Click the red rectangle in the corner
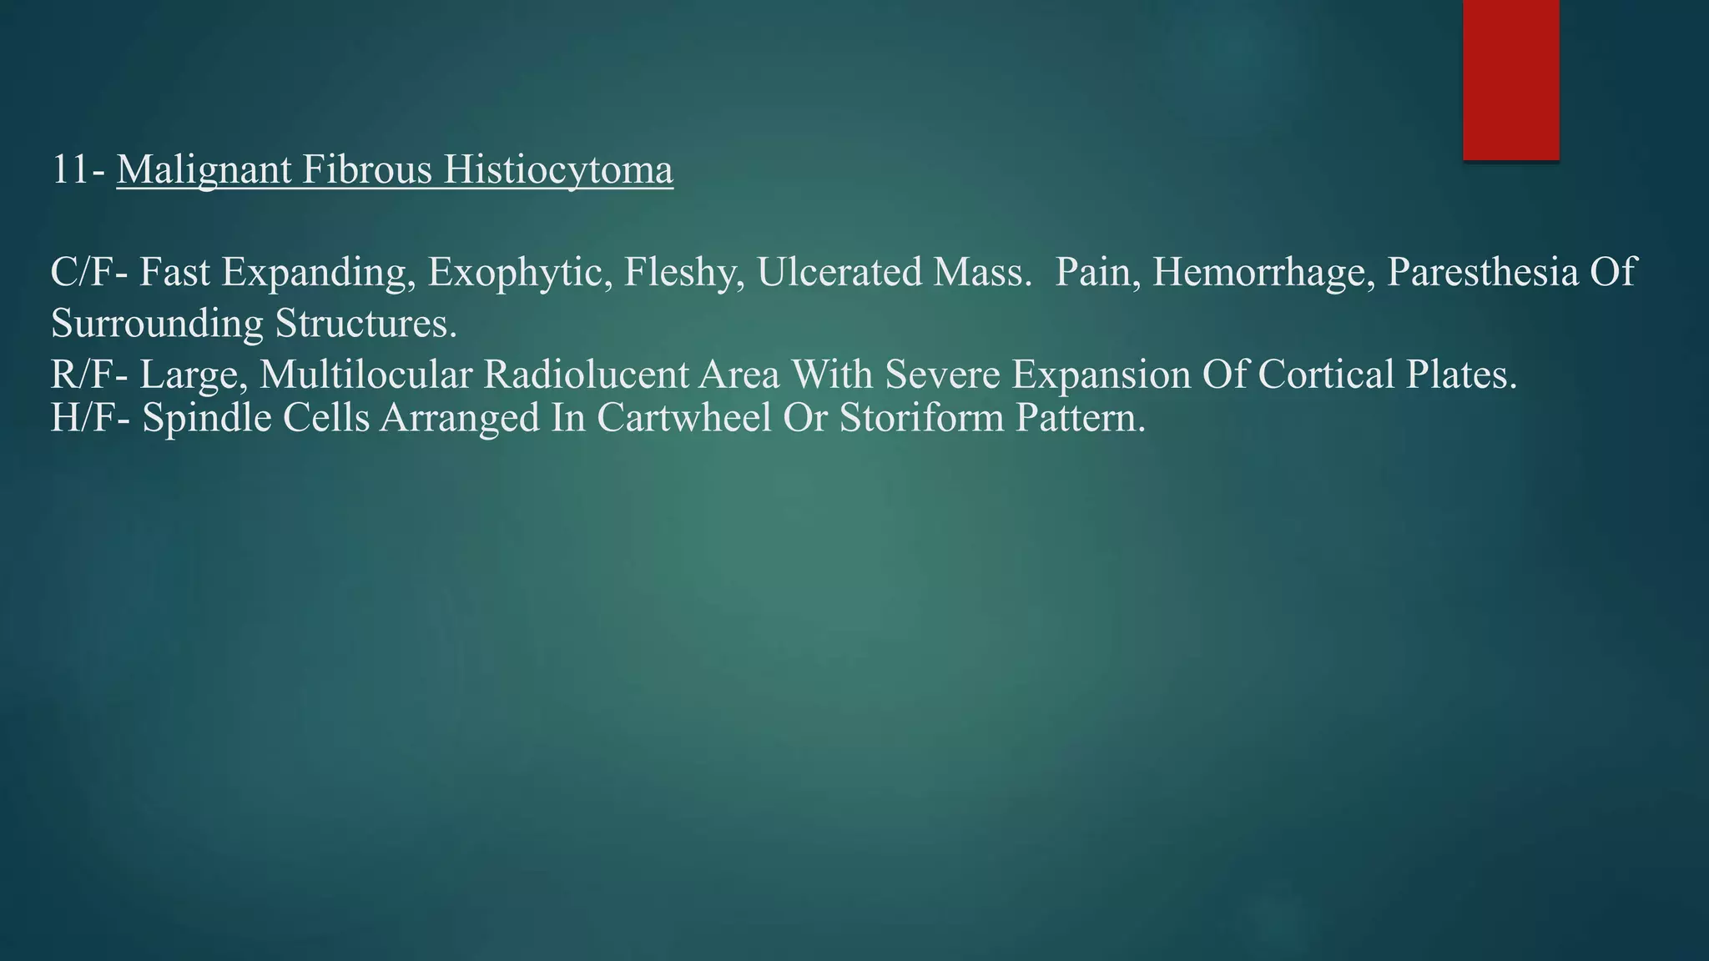1510,79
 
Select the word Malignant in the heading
204,170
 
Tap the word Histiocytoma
557,170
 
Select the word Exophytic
515,273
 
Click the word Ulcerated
838,273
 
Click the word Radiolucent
631,375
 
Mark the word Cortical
1326,375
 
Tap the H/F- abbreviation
90,418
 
